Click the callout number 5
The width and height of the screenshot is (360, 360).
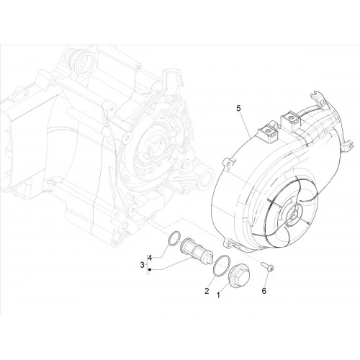238,109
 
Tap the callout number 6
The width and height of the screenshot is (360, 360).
264,291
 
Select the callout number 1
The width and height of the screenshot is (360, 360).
218,295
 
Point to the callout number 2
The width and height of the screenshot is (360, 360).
207,291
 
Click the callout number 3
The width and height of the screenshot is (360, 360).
142,265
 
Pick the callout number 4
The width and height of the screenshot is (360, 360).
150,258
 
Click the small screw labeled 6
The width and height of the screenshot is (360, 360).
268,267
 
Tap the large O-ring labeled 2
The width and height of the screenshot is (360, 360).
222,266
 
